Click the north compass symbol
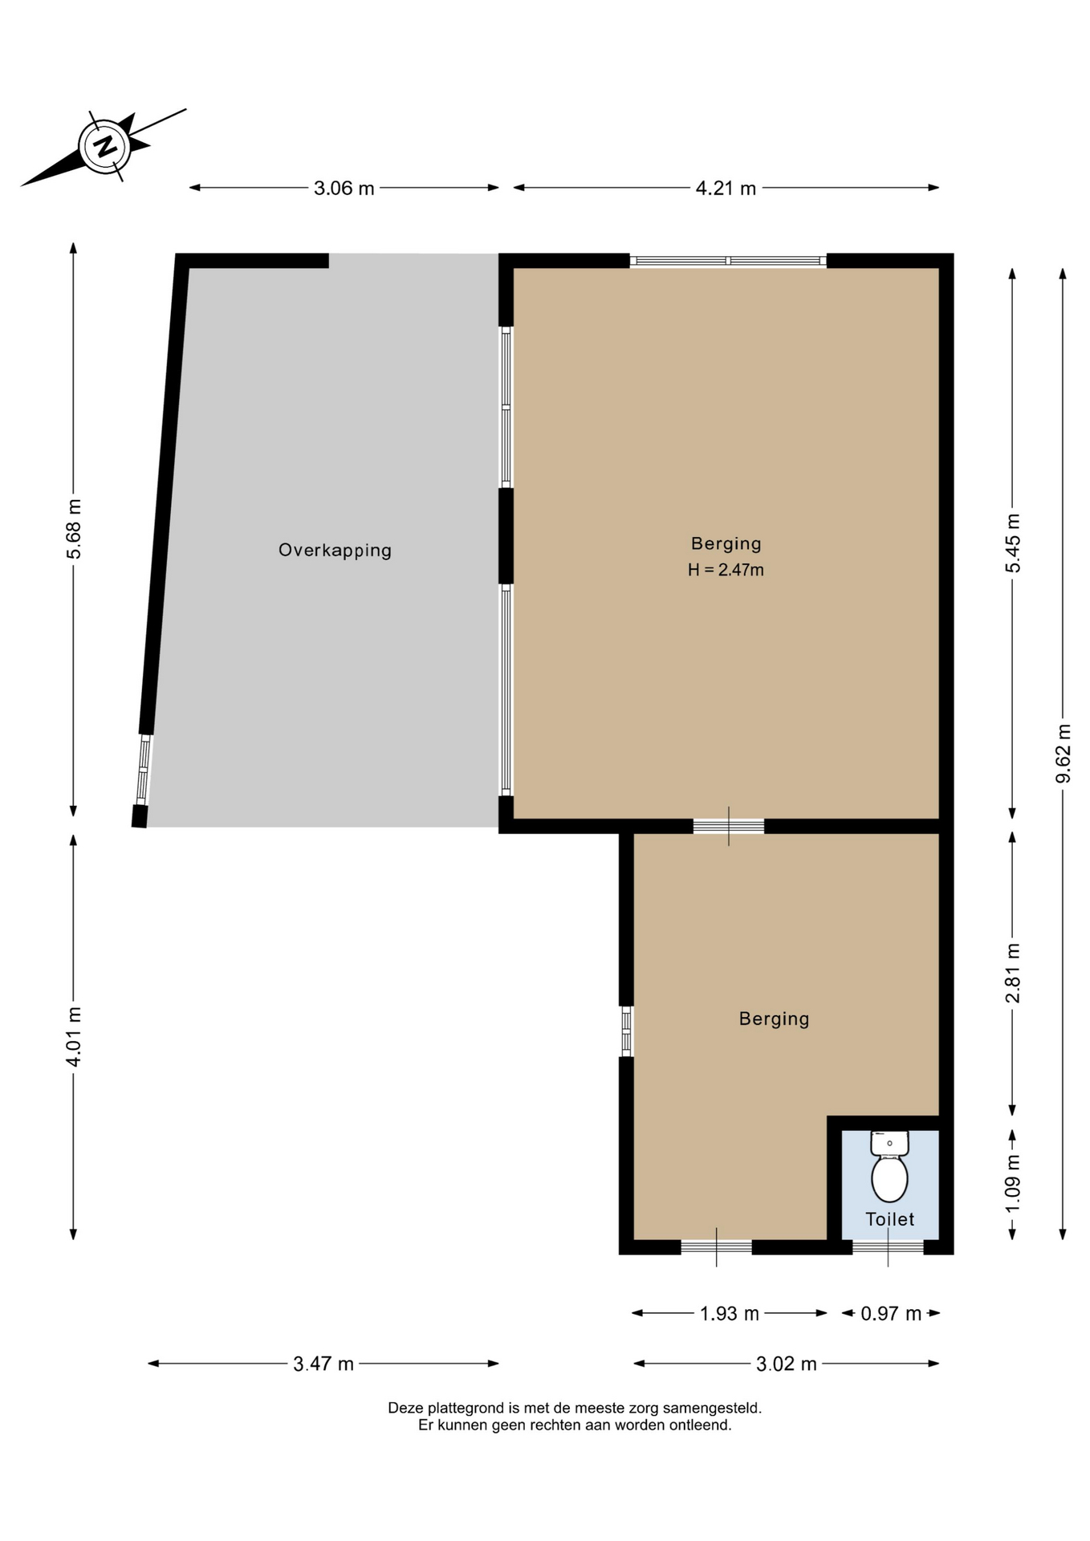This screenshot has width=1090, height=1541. pos(105,147)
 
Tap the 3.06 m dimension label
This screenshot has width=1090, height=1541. pos(344,189)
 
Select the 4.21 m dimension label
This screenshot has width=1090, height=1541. pos(726,189)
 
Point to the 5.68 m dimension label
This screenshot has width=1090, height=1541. pos(74,529)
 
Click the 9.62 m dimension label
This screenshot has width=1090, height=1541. pos(1064,754)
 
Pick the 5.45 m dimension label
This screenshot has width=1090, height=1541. pos(1013,543)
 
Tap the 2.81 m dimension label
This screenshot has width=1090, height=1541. pos(1013,973)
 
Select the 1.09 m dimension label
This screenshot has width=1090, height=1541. pos(1013,1185)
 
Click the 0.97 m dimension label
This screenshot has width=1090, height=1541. pos(891,1314)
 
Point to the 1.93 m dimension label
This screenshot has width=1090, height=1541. pos(729,1314)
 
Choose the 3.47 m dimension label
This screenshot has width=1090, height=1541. pos(323,1364)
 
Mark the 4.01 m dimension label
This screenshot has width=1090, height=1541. pos(74,1037)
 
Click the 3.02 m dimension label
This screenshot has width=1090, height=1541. pos(787,1364)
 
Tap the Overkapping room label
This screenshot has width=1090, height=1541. pos(335,551)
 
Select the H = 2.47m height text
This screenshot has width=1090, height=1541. pos(726,571)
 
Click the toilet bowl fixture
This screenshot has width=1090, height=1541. pos(889,1166)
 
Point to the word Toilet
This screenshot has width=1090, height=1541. pos(890,1219)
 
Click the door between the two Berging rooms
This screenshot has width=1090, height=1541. pos(729,826)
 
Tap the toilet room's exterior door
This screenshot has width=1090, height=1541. pos(888,1247)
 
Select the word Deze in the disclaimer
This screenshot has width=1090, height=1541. pos(405,1408)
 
